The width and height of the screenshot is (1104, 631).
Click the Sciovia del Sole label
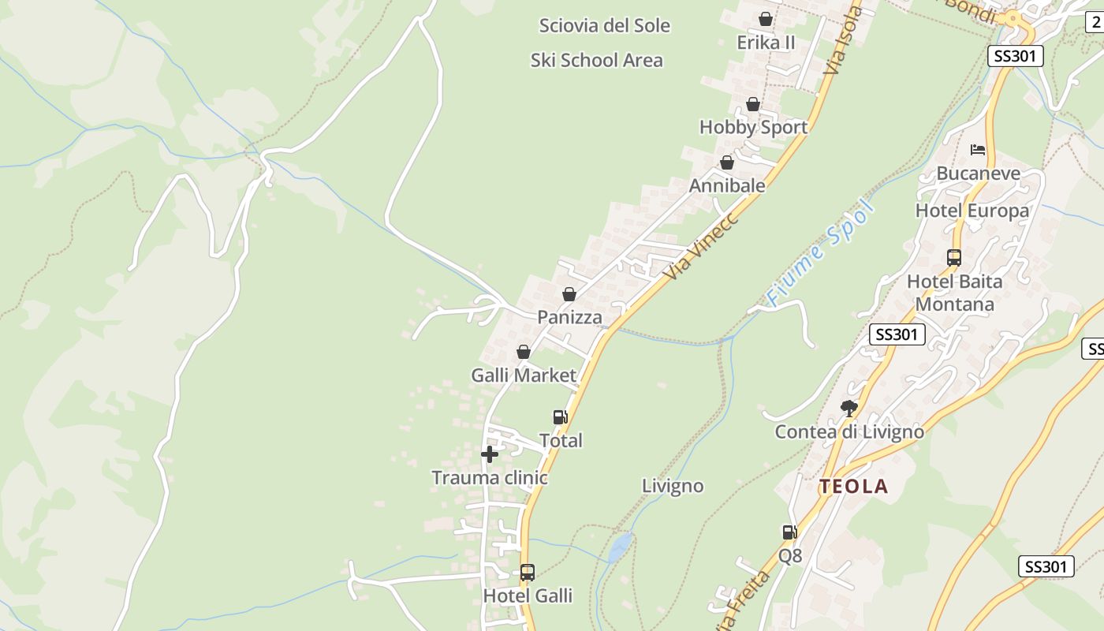click(604, 26)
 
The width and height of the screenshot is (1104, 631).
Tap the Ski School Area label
click(596, 61)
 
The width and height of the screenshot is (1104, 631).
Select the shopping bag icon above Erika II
click(765, 19)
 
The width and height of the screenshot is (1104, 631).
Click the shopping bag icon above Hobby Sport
click(753, 104)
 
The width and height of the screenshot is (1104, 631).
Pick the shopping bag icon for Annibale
click(727, 163)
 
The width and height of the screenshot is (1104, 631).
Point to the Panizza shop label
click(569, 317)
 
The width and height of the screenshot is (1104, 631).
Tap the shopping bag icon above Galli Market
click(524, 352)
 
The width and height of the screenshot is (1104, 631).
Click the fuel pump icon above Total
click(560, 417)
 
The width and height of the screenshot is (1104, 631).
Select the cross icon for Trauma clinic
click(490, 454)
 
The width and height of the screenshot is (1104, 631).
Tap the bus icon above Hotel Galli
click(528, 573)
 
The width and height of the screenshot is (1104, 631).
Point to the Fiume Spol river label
click(821, 252)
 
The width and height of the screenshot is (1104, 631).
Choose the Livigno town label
click(672, 486)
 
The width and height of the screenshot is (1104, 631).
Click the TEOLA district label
click(853, 487)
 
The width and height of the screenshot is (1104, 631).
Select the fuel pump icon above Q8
click(789, 532)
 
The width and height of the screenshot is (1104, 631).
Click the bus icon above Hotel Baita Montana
click(954, 258)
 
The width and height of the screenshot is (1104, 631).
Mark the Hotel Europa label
click(972, 211)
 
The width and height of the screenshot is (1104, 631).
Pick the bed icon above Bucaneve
click(978, 150)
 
